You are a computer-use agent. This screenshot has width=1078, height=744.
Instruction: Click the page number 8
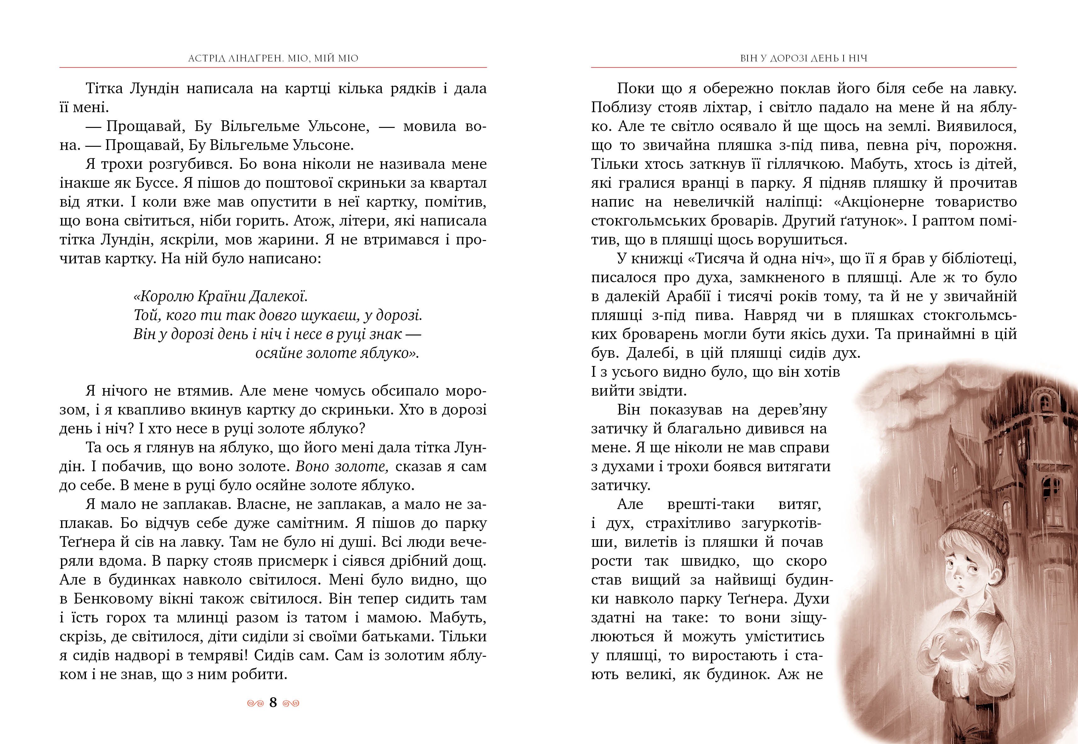[x=273, y=702]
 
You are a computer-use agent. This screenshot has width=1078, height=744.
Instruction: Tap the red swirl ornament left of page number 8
[x=255, y=703]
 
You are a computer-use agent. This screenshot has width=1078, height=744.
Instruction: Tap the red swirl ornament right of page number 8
[x=291, y=703]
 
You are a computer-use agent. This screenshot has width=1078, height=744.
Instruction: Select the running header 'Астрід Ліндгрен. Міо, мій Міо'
[x=273, y=58]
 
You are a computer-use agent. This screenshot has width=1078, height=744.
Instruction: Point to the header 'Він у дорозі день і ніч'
[x=804, y=58]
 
